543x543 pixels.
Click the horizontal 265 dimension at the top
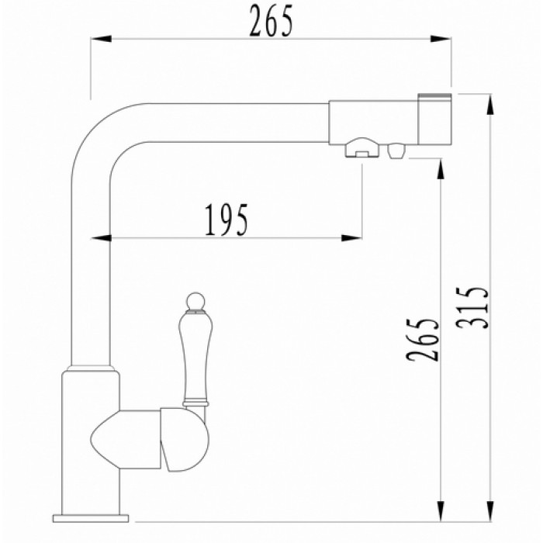tap(271, 22)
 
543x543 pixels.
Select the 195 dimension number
tap(227, 220)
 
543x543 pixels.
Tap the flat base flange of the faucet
tap(92, 516)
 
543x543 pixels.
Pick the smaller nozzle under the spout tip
tap(396, 150)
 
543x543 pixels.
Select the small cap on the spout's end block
tap(434, 98)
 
